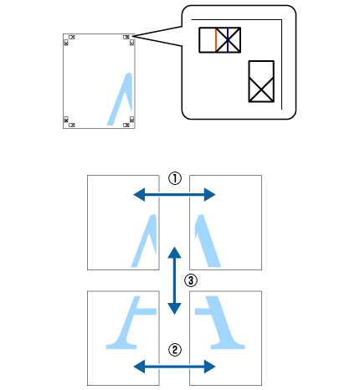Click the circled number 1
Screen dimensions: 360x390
(175, 178)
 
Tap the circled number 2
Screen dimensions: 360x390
(175, 350)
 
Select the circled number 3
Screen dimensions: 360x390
(191, 280)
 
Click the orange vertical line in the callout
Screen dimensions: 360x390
(216, 40)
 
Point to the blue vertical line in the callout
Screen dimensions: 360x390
(228, 40)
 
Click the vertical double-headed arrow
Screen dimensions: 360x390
(174, 280)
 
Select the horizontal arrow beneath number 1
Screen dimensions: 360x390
(174, 194)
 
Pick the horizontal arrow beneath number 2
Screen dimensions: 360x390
(174, 367)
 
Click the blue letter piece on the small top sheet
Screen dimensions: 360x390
(121, 99)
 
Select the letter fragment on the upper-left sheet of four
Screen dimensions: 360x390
(145, 241)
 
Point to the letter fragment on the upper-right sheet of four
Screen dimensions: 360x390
(208, 241)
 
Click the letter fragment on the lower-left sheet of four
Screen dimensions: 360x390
(132, 322)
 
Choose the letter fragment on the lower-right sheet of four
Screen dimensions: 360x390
(219, 322)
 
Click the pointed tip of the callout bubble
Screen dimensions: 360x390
(135, 36)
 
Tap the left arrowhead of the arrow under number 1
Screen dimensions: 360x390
(139, 194)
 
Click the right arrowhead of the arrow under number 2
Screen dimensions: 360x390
(210, 367)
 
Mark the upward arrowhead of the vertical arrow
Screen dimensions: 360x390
(174, 253)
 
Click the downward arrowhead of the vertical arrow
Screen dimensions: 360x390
(174, 309)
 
